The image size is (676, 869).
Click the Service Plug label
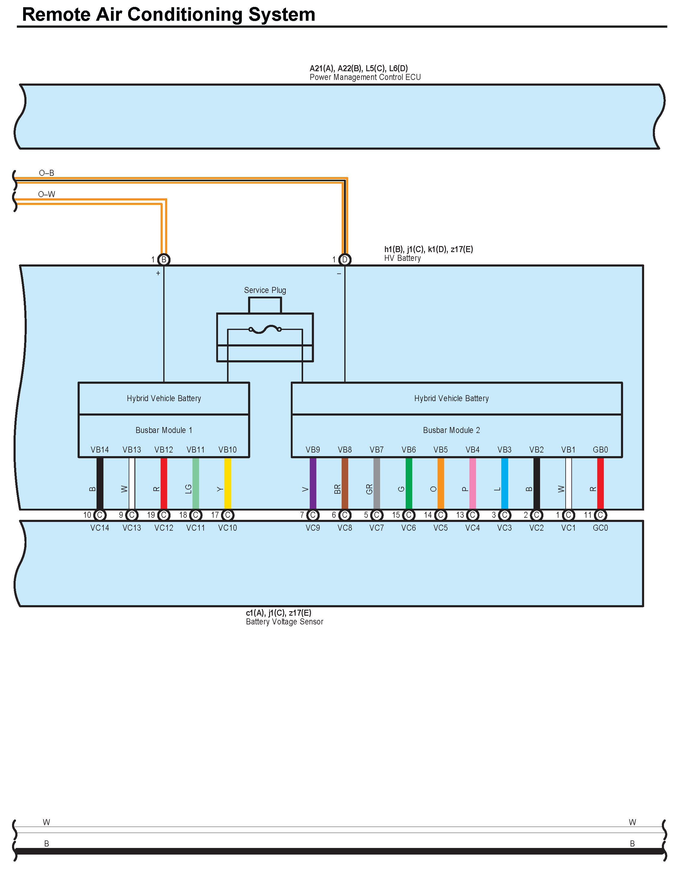[x=265, y=290]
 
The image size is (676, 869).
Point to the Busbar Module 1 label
[x=164, y=430]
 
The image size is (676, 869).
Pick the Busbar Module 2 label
[x=451, y=430]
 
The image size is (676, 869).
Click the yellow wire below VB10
[x=228, y=483]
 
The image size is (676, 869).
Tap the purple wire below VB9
[x=313, y=483]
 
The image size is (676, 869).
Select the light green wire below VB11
[x=195, y=483]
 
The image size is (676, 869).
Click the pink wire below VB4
[x=472, y=483]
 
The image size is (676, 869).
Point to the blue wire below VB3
[x=504, y=483]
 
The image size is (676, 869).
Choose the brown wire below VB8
[x=345, y=483]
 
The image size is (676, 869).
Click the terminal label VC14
[x=100, y=528]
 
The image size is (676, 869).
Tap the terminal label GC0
[x=600, y=528]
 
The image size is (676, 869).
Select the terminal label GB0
[x=600, y=450]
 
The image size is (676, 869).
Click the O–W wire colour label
[x=47, y=194]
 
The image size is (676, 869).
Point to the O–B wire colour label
[x=47, y=173]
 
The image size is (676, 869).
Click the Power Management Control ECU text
[x=365, y=77]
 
